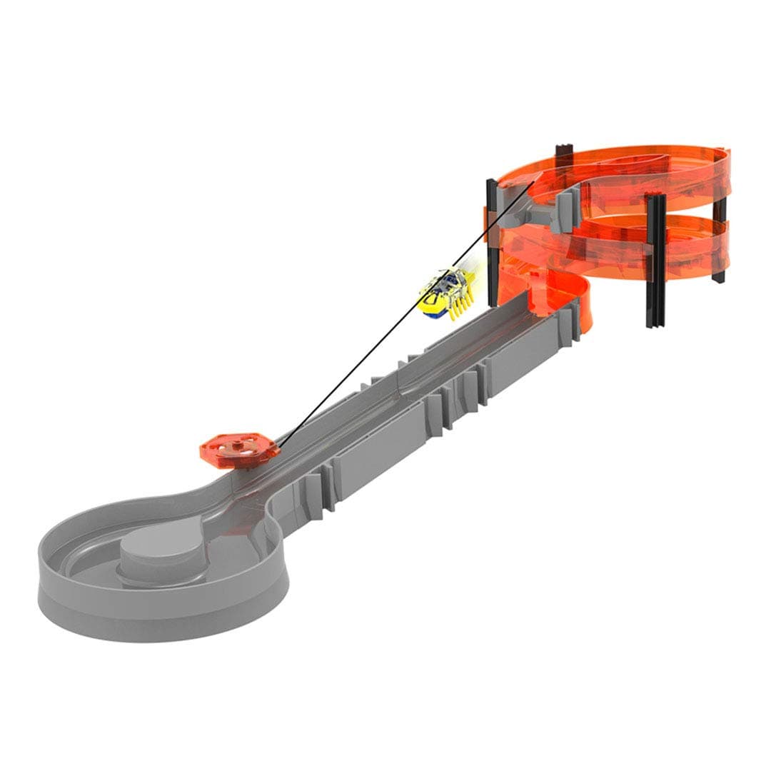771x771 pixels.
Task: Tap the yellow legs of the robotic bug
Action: (x=457, y=308)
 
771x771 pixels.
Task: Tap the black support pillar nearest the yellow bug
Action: (x=491, y=243)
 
